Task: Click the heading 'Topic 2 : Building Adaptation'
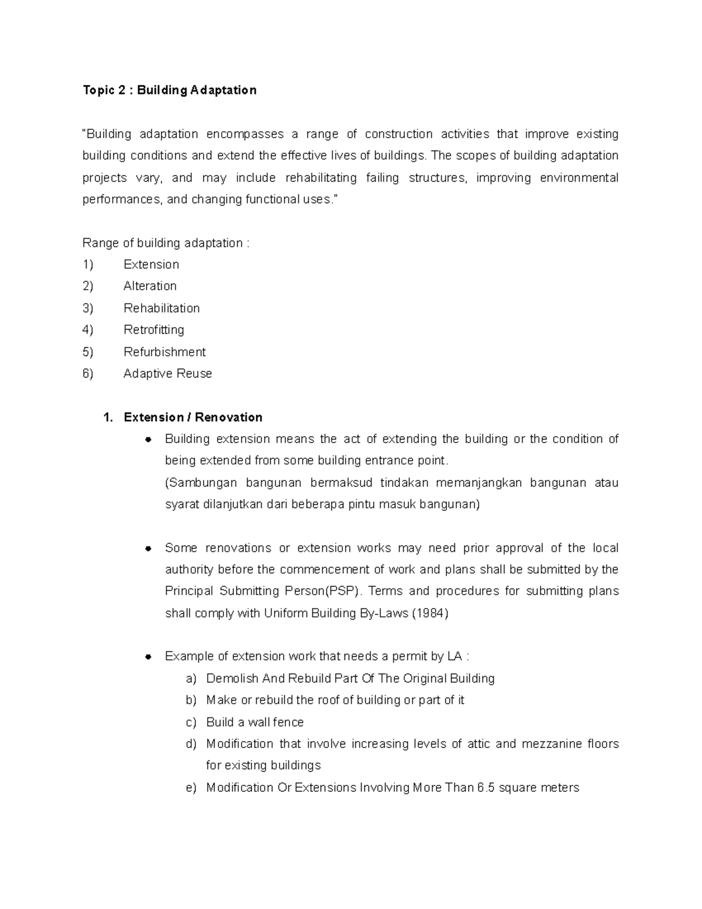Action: tap(169, 90)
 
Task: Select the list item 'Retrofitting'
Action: tap(154, 330)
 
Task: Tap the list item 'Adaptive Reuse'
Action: tap(167, 373)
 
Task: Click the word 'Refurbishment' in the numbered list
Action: tap(164, 352)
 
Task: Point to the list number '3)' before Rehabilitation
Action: tap(88, 308)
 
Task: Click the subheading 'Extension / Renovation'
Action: tap(192, 417)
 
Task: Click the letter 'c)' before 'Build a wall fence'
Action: tap(191, 722)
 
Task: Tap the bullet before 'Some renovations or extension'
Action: tap(149, 548)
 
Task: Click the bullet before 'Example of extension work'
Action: tap(149, 657)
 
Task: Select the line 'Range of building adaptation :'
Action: tap(166, 243)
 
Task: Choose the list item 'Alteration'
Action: tap(150, 286)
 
